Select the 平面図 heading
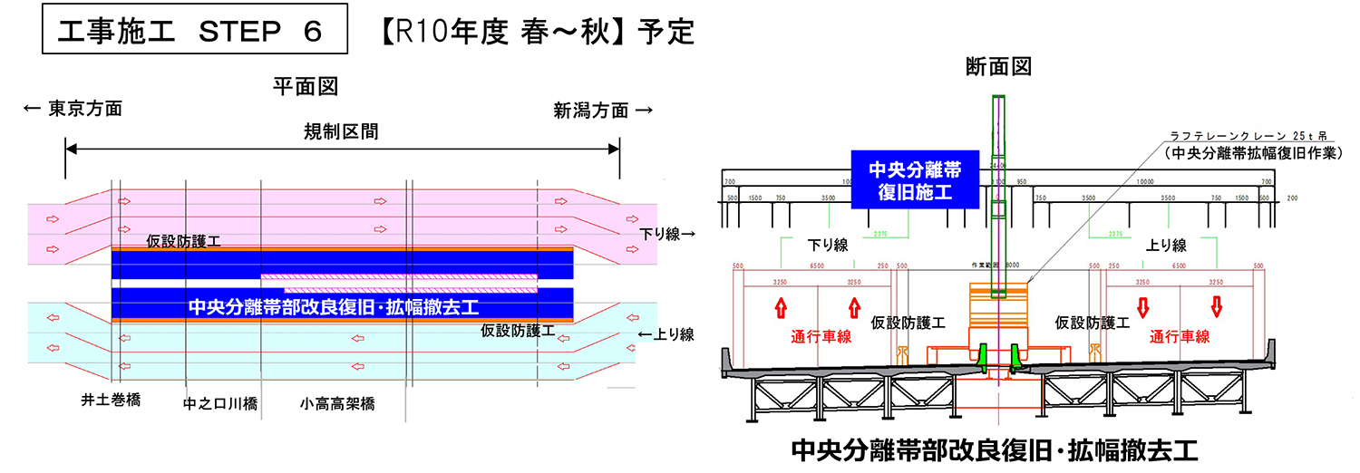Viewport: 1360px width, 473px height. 306,86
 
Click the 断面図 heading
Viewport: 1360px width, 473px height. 999,66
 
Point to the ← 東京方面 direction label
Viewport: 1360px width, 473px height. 73,111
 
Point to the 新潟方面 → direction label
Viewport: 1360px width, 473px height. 603,111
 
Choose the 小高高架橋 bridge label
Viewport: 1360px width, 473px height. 338,403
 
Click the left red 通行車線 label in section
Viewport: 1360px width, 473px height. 821,337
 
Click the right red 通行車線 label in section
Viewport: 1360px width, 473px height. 1180,337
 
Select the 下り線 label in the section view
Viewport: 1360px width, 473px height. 827,246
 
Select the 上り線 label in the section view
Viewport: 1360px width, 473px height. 1166,246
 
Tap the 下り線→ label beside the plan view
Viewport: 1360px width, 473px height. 667,234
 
